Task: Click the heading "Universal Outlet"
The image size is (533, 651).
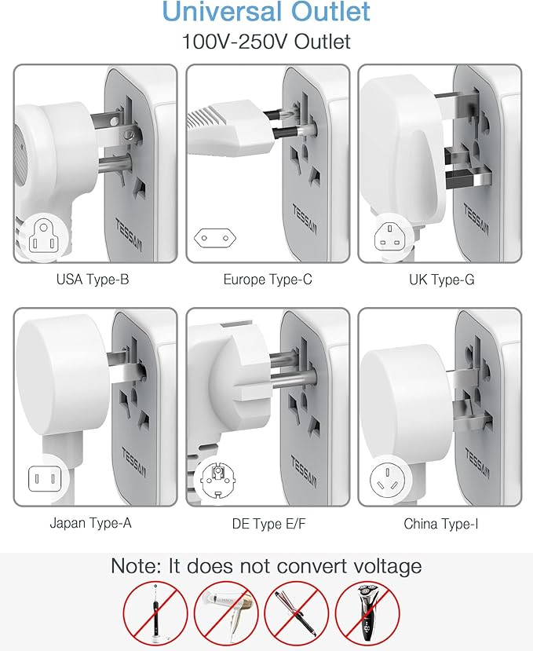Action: pyautogui.click(x=266, y=13)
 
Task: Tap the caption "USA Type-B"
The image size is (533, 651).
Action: pyautogui.click(x=93, y=279)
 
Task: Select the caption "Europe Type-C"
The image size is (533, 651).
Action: pyautogui.click(x=268, y=279)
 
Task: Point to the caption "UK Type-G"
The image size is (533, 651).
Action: pyautogui.click(x=441, y=279)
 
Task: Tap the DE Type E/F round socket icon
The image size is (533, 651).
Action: pyautogui.click(x=214, y=478)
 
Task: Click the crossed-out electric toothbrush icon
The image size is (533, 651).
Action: pyautogui.click(x=155, y=613)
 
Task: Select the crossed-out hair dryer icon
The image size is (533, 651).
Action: pyautogui.click(x=226, y=613)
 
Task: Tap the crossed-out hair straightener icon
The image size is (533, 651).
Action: pyautogui.click(x=296, y=613)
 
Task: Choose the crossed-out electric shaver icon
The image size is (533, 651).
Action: pyautogui.click(x=367, y=613)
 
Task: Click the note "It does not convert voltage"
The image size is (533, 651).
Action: pyautogui.click(x=266, y=565)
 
